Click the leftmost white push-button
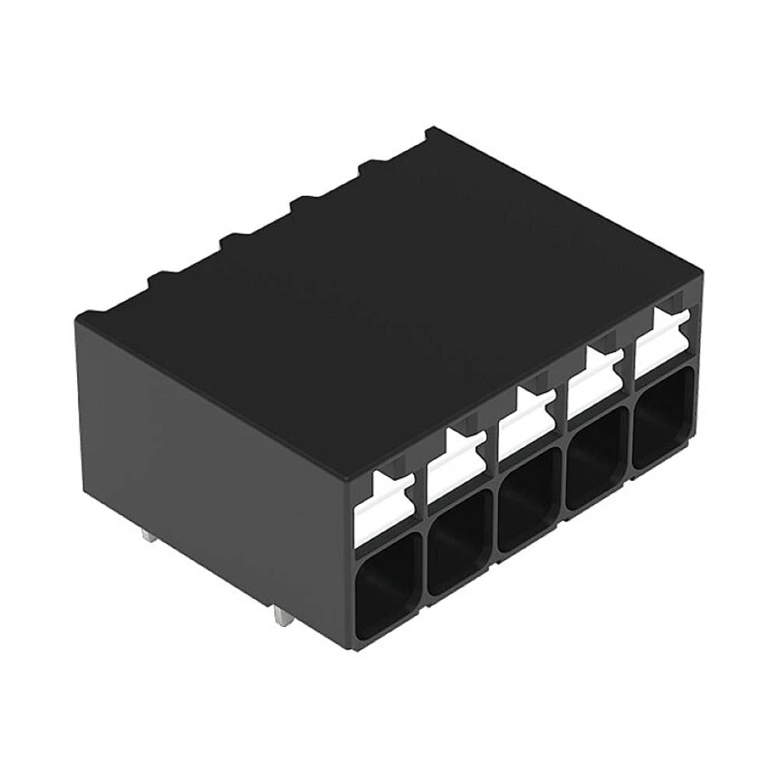(385, 510)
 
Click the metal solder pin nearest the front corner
(281, 619)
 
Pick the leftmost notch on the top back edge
(159, 274)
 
